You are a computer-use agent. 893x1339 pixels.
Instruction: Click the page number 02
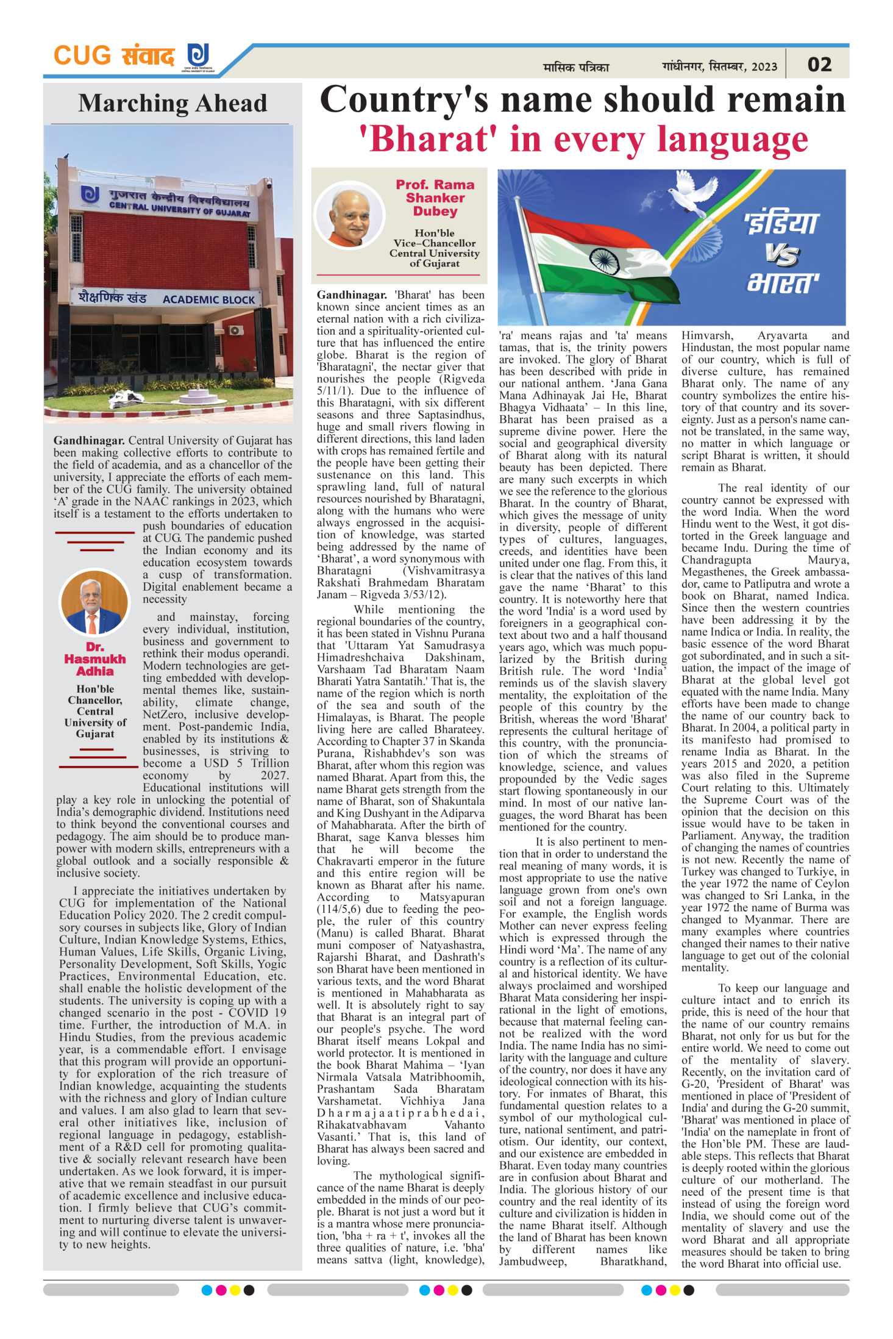pos(819,65)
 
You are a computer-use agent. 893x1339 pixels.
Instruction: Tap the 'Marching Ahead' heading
pos(173,103)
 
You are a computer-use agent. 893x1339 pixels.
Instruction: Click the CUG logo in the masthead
pos(198,55)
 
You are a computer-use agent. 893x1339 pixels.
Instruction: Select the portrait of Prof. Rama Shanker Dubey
pos(350,215)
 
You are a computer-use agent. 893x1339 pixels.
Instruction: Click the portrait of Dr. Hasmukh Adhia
pos(94,603)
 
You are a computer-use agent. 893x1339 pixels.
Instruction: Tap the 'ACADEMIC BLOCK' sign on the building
pos(208,299)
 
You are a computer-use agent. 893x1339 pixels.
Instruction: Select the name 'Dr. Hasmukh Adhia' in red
pos(95,659)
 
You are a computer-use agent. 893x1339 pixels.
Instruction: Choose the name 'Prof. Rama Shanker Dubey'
pos(435,198)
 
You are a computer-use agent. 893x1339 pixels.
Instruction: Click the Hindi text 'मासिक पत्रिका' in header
pos(575,67)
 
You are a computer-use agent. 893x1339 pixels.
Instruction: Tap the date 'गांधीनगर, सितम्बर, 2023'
pos(719,66)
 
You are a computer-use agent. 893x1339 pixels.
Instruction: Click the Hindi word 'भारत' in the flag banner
pos(783,284)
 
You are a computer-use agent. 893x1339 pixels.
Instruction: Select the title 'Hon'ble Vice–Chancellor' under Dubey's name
pos(434,238)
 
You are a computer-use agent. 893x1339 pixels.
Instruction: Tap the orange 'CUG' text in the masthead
pos(82,55)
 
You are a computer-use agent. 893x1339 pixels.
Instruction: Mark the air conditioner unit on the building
pos(235,330)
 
